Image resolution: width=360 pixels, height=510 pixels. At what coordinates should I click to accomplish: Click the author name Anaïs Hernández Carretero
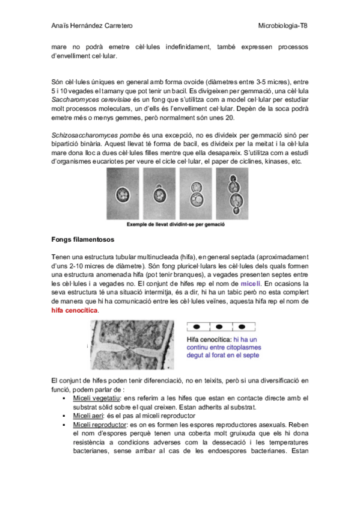(92, 26)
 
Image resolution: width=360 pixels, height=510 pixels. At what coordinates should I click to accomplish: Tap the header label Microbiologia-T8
(282, 26)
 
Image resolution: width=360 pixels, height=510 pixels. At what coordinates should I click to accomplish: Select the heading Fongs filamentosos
(83, 239)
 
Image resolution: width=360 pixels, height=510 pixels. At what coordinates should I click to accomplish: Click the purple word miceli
(251, 284)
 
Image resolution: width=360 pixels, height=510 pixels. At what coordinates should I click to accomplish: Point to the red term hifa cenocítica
(75, 310)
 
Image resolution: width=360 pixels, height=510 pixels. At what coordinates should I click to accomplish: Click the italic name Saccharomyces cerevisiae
(91, 100)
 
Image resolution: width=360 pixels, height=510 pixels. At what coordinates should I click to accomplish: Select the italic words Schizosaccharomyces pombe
(96, 135)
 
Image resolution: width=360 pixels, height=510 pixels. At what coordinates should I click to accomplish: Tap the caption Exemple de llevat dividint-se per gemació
(175, 224)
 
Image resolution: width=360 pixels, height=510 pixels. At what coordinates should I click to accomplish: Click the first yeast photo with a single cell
(123, 194)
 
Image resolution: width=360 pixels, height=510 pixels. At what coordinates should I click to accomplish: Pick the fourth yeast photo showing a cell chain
(232, 194)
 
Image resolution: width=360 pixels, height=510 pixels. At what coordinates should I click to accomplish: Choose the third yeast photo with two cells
(195, 194)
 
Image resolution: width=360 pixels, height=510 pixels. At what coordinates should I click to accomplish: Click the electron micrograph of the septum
(132, 345)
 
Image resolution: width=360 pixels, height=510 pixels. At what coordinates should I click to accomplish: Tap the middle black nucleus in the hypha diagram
(219, 327)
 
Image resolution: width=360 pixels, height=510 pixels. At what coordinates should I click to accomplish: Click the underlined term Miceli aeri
(88, 416)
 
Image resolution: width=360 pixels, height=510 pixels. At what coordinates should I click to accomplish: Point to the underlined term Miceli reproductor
(99, 425)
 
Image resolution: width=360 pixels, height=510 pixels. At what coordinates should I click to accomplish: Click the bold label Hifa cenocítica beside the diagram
(209, 340)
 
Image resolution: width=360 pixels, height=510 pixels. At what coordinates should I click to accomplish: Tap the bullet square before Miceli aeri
(64, 416)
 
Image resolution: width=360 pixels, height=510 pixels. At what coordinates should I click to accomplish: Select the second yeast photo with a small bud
(159, 194)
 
